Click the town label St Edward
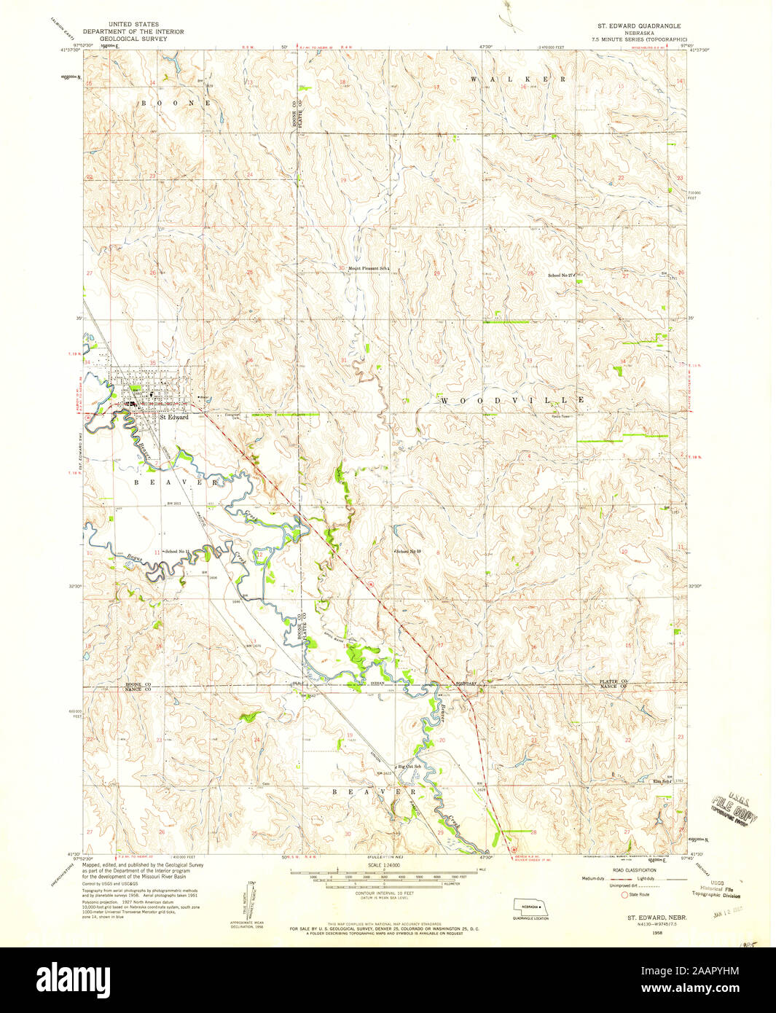174,418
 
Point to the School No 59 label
409,552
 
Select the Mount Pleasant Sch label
369,269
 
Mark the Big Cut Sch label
409,767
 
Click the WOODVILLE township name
512,401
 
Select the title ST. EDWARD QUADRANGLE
638,25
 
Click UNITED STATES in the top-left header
133,25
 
